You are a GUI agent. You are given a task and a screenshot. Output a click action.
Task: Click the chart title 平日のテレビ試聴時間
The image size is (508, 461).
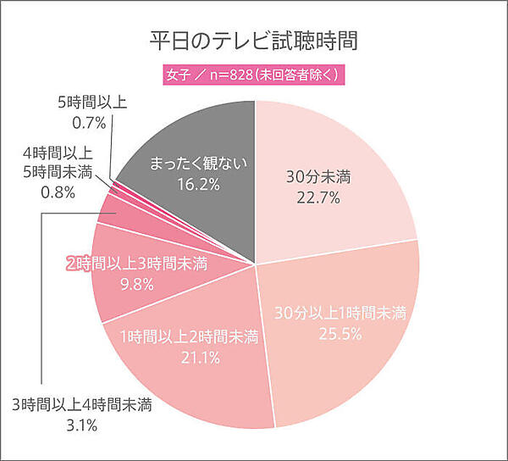pos(255,41)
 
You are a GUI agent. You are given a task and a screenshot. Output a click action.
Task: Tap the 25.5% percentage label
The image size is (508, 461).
pos(341,334)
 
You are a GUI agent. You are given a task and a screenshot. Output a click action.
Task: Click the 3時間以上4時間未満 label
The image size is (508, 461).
pos(82,403)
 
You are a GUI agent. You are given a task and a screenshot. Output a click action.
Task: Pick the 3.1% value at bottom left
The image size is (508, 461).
pos(80,424)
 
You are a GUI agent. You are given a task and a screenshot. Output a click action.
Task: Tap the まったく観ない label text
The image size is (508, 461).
pos(197,163)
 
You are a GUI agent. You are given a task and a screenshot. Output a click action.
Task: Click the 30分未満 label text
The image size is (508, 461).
pos(318,178)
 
